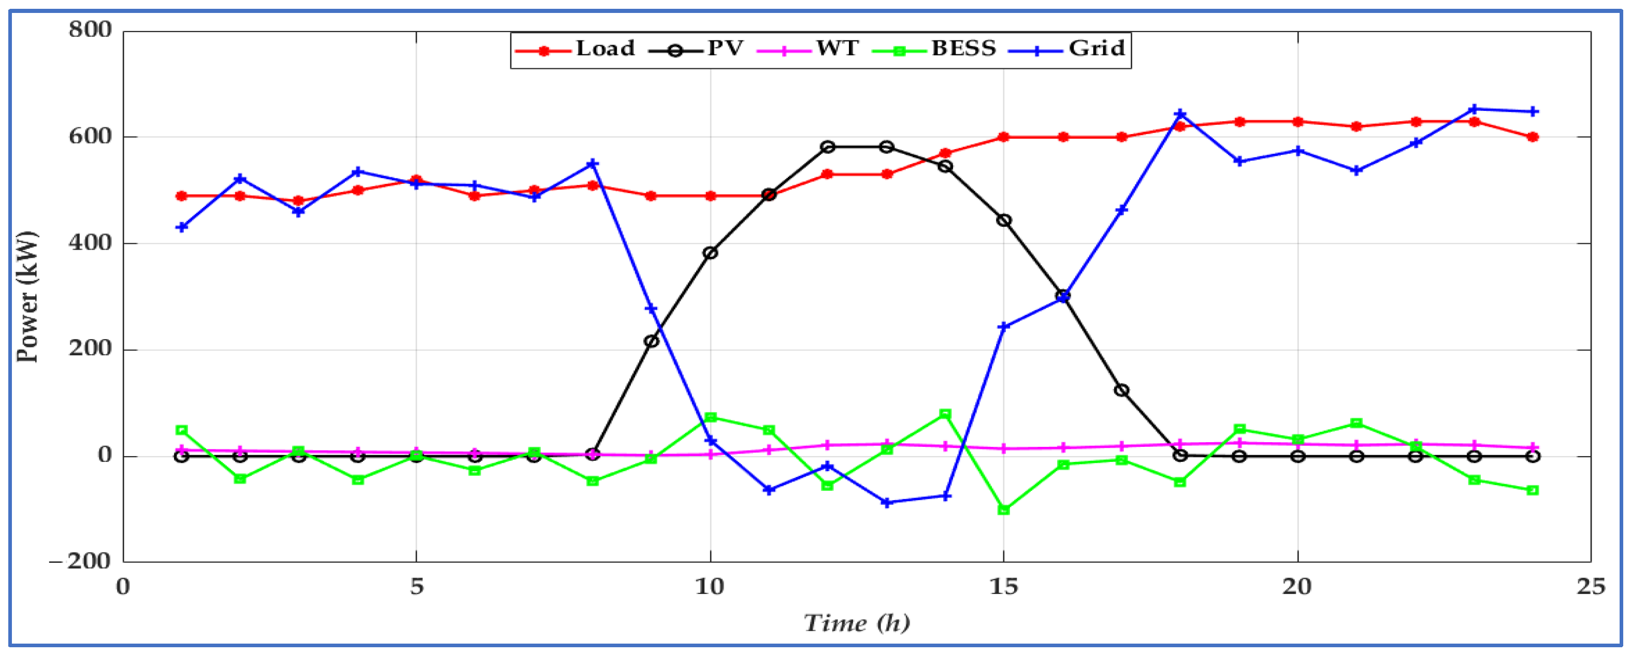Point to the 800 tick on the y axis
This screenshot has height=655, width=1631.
[x=91, y=30]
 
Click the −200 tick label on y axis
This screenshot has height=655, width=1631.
[x=80, y=561]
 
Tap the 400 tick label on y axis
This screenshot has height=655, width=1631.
[x=91, y=243]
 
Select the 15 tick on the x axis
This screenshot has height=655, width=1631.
[x=1004, y=587]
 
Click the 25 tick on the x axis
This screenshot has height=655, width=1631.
[x=1591, y=587]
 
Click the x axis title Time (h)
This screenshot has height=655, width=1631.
[x=857, y=624]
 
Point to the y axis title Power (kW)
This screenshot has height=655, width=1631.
[x=27, y=296]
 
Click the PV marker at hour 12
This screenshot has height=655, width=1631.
[x=828, y=147]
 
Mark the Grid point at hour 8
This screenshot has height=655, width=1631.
[x=593, y=164]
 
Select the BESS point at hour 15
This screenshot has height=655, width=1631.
[x=1004, y=510]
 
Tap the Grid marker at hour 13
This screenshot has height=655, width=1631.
[x=886, y=502]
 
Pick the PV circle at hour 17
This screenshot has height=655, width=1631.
[x=1121, y=390]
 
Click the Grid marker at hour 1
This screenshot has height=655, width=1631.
[x=182, y=227]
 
